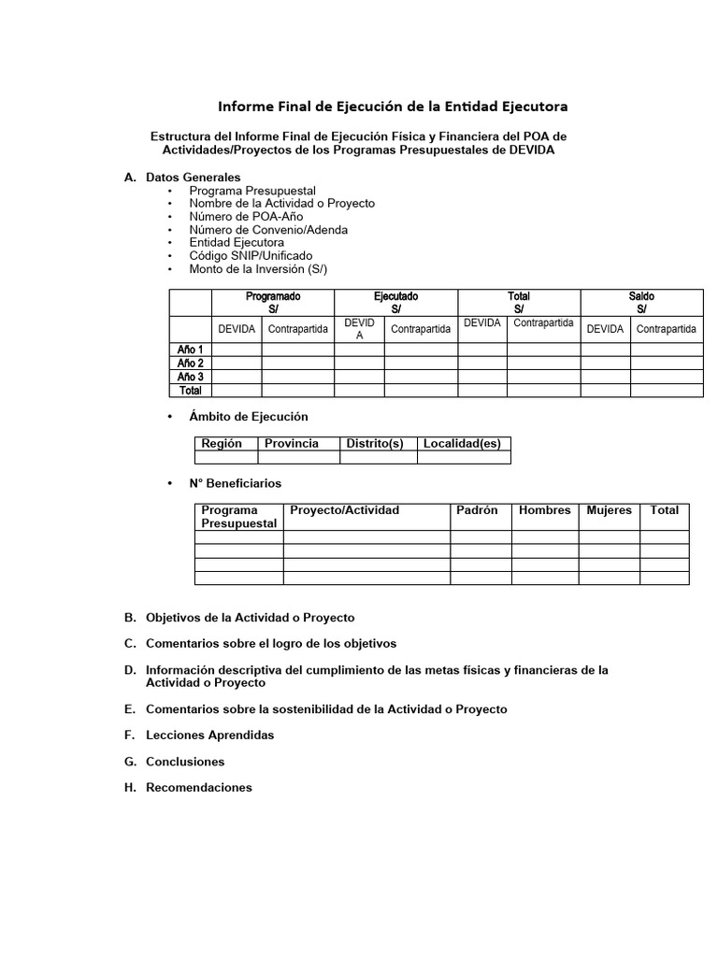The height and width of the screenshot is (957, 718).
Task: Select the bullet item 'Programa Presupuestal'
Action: coord(251,190)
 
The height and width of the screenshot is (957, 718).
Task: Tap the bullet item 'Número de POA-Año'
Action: coord(246,216)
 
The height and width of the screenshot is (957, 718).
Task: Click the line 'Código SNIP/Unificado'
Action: coord(251,255)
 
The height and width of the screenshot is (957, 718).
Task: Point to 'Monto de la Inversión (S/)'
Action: coord(258,268)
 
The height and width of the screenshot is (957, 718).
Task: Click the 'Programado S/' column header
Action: coord(273,302)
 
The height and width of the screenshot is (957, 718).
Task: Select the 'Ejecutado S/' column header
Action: coord(395,302)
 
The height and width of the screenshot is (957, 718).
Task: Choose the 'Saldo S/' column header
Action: coord(641,302)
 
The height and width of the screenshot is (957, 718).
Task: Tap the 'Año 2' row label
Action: coord(191,363)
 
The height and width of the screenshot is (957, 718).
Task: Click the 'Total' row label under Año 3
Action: coord(191,391)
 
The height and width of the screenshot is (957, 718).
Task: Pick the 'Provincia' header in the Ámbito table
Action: coord(291,443)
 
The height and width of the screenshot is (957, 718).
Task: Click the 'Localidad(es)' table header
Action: coord(462,443)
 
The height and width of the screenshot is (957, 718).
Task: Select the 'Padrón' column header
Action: coord(477,510)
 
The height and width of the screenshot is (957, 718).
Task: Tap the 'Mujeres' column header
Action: coord(609,510)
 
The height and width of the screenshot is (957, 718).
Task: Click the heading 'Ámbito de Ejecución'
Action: coord(248,416)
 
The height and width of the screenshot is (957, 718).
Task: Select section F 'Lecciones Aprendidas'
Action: coord(209,735)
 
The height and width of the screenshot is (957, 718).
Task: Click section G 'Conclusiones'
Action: coord(185,761)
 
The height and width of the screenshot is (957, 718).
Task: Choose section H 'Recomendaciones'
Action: coord(198,787)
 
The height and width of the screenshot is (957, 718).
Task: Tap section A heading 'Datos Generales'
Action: coord(193,177)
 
